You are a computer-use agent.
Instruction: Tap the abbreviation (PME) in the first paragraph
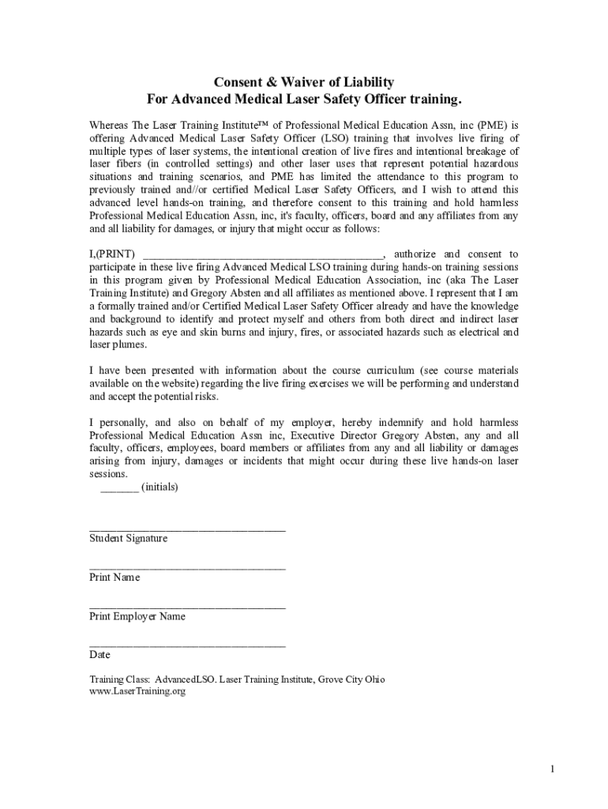coord(490,125)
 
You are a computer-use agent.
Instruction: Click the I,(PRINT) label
coord(112,254)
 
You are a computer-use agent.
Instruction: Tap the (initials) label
coord(160,487)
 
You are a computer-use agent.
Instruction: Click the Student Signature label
coord(128,539)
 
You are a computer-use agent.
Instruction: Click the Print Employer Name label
coord(137,616)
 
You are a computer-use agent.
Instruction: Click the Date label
coord(99,655)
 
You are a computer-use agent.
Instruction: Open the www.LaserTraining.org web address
coord(137,691)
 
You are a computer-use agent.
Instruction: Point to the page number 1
coord(554,769)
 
